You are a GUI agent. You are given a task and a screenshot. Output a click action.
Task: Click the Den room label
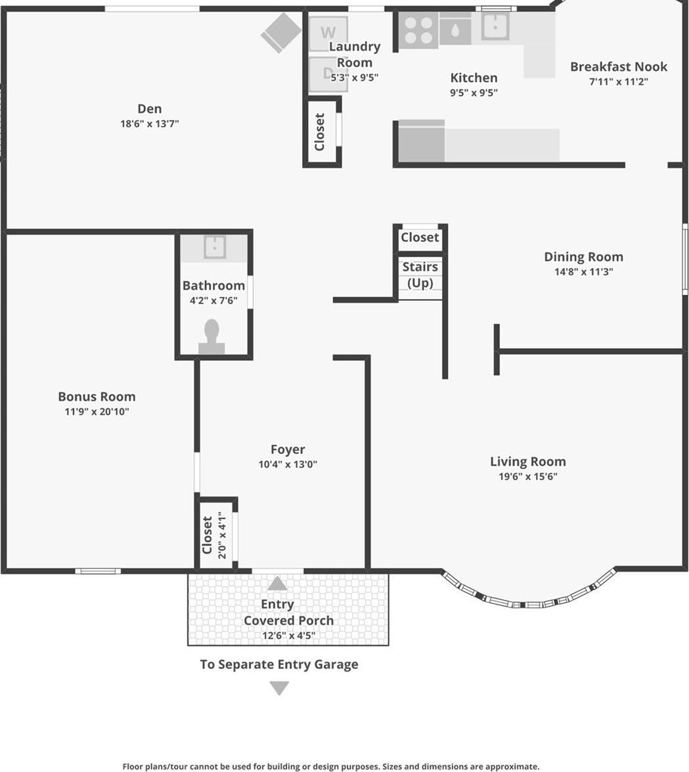click(x=149, y=109)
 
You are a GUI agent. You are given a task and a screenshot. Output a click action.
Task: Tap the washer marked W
click(x=328, y=33)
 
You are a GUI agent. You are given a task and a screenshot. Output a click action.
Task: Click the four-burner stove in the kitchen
click(x=418, y=30)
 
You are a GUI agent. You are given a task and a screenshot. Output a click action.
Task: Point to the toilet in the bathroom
click(x=211, y=336)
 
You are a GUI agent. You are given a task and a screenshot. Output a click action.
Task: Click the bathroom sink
click(x=214, y=248)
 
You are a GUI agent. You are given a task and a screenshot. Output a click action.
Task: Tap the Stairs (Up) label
click(x=420, y=275)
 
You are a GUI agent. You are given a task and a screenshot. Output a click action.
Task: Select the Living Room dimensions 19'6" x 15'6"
click(x=527, y=477)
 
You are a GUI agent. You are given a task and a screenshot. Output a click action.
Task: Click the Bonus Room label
click(x=97, y=396)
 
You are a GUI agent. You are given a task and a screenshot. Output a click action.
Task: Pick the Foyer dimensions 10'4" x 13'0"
click(x=288, y=465)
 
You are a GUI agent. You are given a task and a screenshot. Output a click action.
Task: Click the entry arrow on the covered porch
click(x=277, y=583)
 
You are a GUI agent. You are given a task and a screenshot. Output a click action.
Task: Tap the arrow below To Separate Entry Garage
click(x=279, y=688)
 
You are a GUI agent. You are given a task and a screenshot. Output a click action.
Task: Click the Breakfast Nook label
click(x=618, y=66)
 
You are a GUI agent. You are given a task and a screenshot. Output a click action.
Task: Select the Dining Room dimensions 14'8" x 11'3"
click(x=583, y=272)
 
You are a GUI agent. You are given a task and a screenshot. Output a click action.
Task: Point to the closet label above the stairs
click(x=420, y=237)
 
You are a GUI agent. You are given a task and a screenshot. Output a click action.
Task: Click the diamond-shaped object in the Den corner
click(x=281, y=32)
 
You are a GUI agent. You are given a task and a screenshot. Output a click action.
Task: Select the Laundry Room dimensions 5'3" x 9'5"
click(x=354, y=78)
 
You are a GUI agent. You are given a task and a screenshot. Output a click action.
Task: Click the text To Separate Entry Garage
click(x=279, y=664)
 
